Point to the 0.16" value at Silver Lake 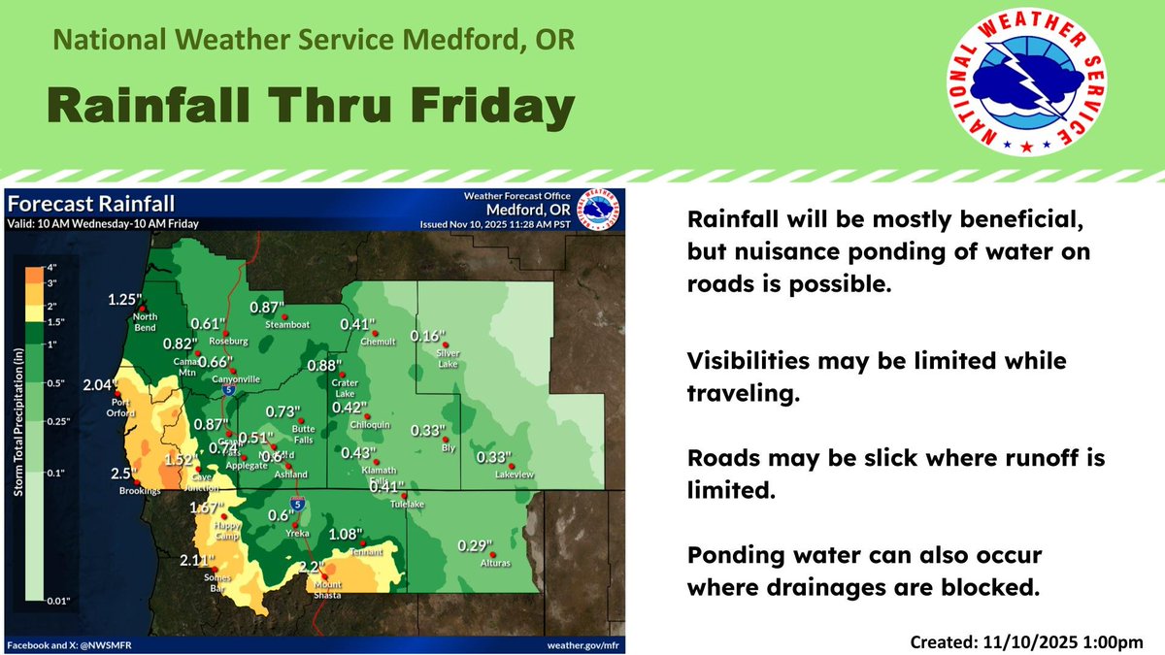point(427,336)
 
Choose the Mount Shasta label point(327,590)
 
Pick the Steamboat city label point(286,324)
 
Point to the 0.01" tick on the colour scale point(59,602)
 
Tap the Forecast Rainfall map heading point(91,204)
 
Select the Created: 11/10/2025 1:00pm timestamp point(1027,641)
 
